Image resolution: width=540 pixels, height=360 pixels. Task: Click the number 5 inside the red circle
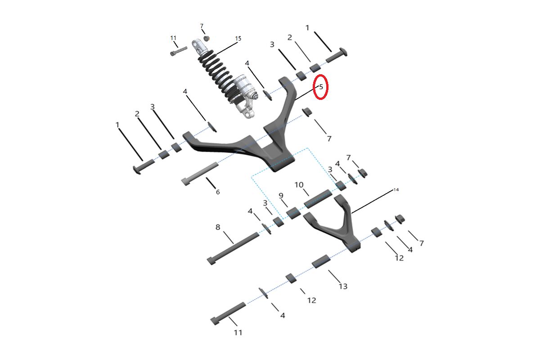click(x=321, y=86)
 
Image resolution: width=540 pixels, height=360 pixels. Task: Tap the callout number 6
click(x=218, y=192)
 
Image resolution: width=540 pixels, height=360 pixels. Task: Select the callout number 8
click(x=218, y=227)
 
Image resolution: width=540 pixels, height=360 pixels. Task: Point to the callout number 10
click(x=299, y=184)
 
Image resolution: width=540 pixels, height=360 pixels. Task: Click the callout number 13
click(x=343, y=286)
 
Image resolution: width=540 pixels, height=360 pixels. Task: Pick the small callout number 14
click(x=396, y=190)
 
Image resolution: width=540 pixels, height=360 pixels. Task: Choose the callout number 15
click(x=238, y=38)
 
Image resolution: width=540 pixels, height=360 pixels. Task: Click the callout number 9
click(x=281, y=196)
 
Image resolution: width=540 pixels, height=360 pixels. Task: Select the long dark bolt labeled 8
click(x=233, y=248)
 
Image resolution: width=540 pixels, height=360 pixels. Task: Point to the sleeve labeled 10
click(x=318, y=199)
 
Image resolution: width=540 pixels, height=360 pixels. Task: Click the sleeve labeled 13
click(x=321, y=261)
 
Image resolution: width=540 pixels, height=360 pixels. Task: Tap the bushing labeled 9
click(x=293, y=213)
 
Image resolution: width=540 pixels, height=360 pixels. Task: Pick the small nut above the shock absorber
click(x=206, y=38)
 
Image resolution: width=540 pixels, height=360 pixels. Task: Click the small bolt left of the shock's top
click(x=179, y=51)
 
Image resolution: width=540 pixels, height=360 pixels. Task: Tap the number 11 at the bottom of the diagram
click(x=238, y=333)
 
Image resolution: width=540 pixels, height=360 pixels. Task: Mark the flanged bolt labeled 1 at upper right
click(x=337, y=55)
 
